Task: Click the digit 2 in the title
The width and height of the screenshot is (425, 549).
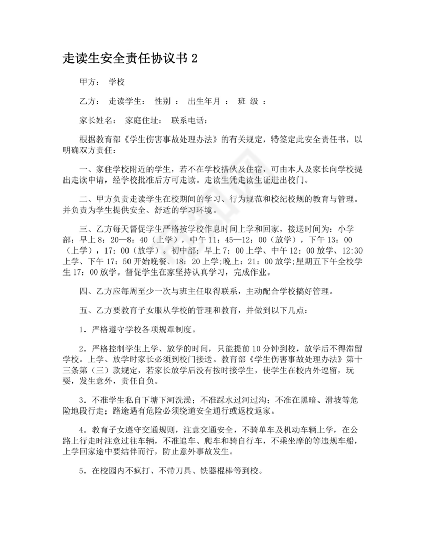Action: pos(194,59)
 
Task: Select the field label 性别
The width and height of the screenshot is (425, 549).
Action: pos(162,101)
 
